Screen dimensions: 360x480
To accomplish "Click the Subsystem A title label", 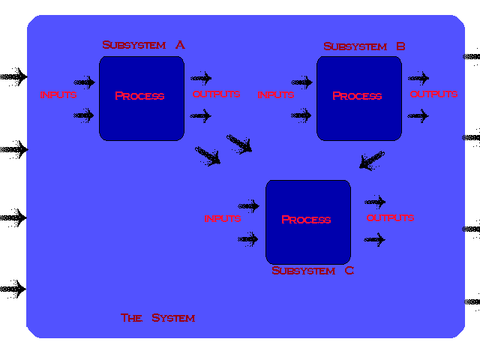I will point(143,45).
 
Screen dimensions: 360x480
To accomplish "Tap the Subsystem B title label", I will point(364,46).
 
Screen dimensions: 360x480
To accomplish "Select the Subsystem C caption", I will point(312,271).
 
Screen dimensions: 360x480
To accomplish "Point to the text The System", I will point(158,318).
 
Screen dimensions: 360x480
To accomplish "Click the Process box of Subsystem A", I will point(141,97).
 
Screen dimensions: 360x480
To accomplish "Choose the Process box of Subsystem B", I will point(358,97).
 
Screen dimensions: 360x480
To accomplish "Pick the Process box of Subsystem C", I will point(307,221).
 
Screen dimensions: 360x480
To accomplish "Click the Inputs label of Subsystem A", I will point(58,95).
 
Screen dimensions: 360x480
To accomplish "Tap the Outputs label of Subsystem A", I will point(216,94).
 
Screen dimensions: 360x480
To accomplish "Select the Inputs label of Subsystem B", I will point(275,95).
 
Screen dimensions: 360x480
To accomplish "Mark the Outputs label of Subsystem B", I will point(433,94).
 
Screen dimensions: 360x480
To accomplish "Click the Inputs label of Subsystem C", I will point(223,219).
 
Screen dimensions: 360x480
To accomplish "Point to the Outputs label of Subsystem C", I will point(390,218).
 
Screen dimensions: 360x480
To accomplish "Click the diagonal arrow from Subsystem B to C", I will point(371,160).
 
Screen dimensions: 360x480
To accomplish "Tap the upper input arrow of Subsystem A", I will point(84,82).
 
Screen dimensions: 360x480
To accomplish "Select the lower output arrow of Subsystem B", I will point(418,116).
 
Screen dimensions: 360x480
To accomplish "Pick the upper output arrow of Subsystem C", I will point(375,202).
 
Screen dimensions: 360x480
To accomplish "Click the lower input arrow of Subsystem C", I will point(247,239).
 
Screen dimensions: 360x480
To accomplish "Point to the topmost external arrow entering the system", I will point(13,76).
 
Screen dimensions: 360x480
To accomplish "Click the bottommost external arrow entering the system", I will point(13,288).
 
